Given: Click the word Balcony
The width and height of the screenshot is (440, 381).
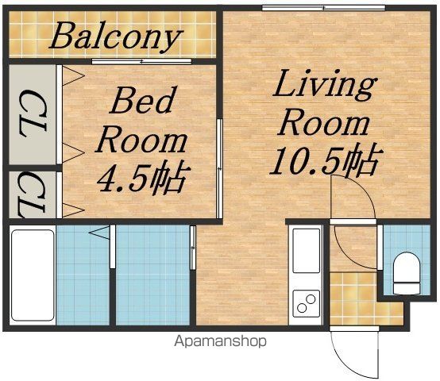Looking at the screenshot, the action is (116, 37).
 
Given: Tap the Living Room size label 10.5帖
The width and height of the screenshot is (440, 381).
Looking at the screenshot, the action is (326, 160).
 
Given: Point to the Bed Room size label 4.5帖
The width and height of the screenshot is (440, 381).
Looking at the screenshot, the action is (144, 178).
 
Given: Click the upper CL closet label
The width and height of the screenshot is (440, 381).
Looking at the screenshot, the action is (33, 114).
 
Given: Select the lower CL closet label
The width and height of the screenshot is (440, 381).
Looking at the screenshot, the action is (32, 195).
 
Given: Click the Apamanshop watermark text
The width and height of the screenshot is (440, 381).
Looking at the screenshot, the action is (220, 341).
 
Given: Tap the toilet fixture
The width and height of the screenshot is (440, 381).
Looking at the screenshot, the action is (407, 273).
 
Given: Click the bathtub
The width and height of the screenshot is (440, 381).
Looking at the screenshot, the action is (33, 275).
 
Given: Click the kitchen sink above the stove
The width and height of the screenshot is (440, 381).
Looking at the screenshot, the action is (306, 250).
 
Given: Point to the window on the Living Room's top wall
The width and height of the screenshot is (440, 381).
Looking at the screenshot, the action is (323, 8).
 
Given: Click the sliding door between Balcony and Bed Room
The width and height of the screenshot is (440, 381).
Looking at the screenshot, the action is (141, 61).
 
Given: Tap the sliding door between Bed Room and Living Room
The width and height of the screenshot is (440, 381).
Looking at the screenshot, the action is (220, 169).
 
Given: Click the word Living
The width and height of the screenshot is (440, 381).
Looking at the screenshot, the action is (325, 85).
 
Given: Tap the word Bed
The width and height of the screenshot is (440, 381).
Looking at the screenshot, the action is (143, 100).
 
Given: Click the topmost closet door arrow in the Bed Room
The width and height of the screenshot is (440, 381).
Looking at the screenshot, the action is (73, 75).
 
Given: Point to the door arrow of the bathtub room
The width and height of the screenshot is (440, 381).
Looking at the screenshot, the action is (99, 233).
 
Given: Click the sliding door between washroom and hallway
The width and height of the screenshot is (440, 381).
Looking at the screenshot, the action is (193, 248).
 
